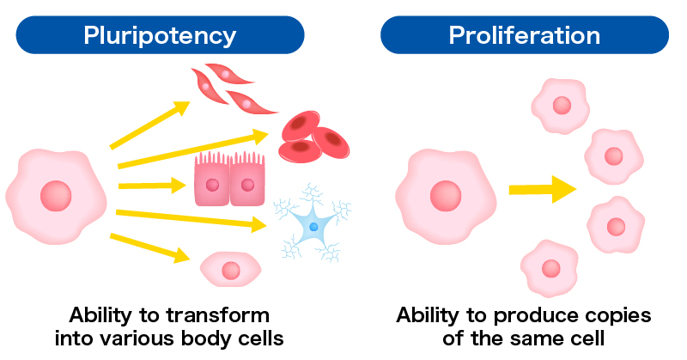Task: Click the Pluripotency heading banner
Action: [160, 35]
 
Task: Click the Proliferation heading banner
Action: [525, 35]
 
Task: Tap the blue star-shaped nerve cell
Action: [313, 223]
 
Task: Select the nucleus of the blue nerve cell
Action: [313, 227]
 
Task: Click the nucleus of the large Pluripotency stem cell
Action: [56, 196]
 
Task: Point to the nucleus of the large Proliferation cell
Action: [446, 196]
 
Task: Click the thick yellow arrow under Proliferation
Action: [543, 189]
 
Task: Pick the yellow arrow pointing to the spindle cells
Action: [149, 125]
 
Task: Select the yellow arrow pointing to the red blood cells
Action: [193, 149]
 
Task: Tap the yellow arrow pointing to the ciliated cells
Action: [153, 186]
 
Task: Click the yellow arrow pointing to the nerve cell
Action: [192, 220]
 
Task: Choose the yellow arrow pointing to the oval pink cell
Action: [149, 248]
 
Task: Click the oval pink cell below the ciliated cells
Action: [230, 270]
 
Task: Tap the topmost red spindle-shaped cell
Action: [228, 74]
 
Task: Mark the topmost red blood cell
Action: [301, 125]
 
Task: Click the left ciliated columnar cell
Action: [212, 179]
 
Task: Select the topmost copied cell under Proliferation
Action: [562, 107]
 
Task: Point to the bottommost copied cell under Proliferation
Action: [550, 268]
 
